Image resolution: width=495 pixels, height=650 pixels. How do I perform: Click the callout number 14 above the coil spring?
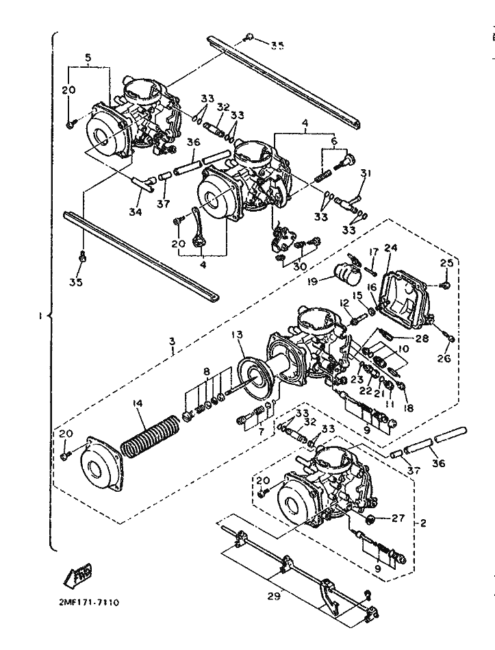139,404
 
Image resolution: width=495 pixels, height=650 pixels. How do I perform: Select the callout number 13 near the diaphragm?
237,335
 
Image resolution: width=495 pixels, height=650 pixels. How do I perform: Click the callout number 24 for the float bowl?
390,248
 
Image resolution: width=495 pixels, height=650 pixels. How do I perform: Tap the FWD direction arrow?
79,574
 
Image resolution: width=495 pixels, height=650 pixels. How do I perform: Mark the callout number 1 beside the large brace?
41,316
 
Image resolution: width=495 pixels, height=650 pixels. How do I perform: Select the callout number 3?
172,340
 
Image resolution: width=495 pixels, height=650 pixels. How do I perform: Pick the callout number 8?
206,372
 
